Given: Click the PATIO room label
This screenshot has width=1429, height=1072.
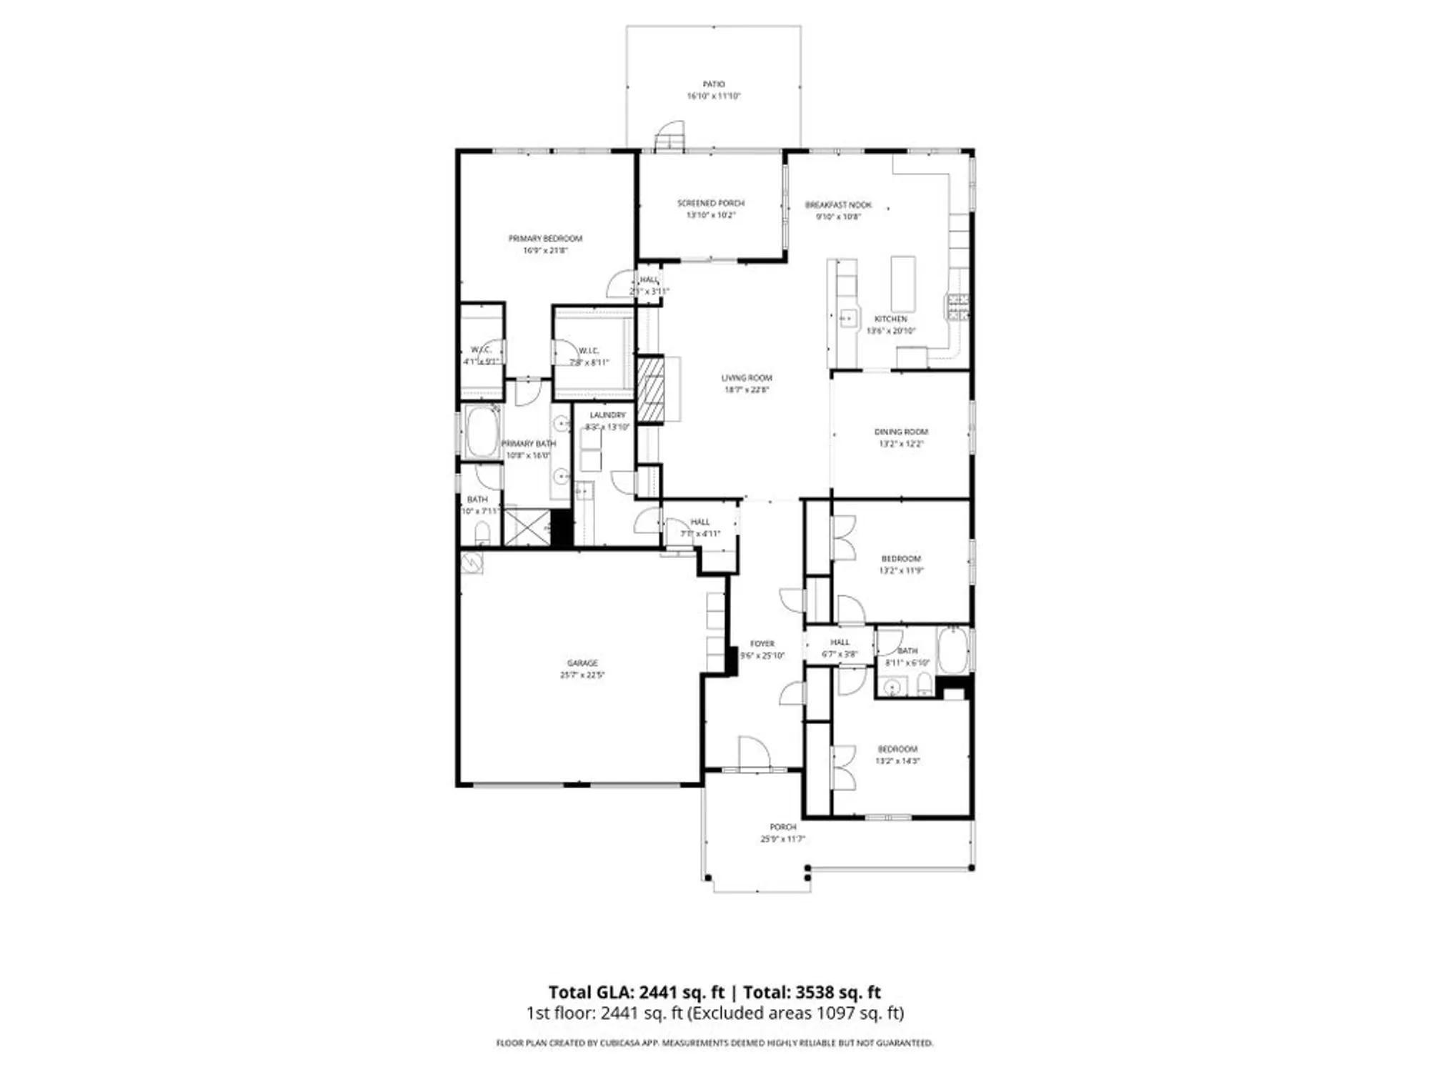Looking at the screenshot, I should point(713,84).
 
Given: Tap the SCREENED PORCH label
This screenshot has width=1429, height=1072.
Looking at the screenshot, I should point(710,204).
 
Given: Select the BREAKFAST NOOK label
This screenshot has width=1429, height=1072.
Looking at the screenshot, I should point(838,205).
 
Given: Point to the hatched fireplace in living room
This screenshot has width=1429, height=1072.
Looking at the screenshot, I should point(650,389).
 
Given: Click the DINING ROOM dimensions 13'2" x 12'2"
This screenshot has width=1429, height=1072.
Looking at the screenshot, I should point(901,444).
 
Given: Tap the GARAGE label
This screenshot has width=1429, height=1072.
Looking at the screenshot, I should point(582,663).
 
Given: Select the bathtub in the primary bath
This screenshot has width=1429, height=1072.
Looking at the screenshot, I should point(482,432).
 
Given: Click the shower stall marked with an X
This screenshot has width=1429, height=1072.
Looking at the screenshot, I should point(527,527).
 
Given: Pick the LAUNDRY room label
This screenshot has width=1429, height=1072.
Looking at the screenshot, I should point(607,415).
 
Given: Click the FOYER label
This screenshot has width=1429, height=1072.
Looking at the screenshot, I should point(762,644).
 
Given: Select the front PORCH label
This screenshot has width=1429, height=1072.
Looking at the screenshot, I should point(782,827).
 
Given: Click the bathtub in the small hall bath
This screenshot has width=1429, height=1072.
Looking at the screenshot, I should point(952,650).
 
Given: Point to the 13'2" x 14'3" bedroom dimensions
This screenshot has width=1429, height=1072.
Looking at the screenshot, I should point(897,761).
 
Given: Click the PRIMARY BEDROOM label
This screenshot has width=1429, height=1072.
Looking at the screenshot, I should point(545,239).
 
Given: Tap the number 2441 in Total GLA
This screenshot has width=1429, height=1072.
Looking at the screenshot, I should point(658,993).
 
